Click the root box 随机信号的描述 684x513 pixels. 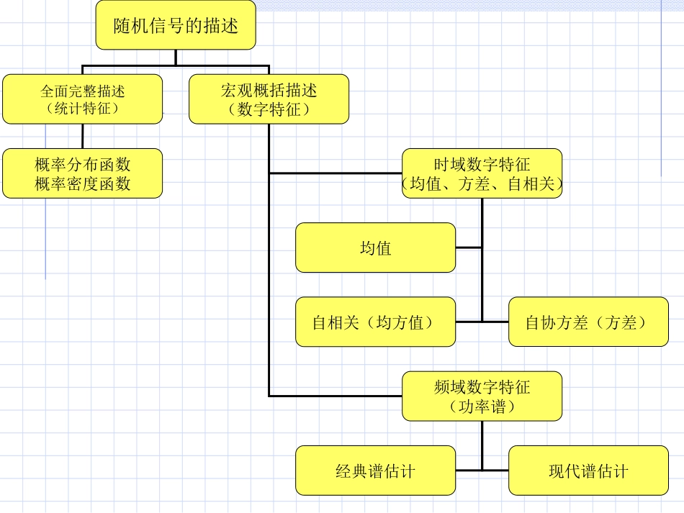175,25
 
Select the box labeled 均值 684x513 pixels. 375,248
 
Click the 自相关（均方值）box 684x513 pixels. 375,322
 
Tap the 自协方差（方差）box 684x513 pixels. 588,322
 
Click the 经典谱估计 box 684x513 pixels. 375,471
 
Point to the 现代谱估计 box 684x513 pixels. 588,471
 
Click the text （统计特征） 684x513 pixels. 82,109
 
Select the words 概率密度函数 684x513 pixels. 82,184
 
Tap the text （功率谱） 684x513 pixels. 482,407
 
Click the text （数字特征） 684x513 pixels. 269,109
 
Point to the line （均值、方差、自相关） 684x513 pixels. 482,185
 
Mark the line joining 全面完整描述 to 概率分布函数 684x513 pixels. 82,136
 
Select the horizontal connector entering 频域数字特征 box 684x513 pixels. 335,396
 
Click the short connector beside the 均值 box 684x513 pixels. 469,248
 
